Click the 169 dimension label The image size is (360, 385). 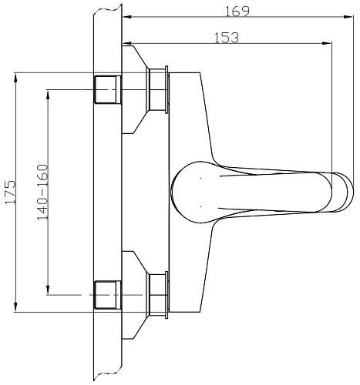pyautogui.click(x=237, y=12)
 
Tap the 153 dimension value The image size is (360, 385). pyautogui.click(x=227, y=38)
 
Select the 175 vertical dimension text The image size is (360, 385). pyautogui.click(x=10, y=192)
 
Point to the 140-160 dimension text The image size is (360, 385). pyautogui.click(x=42, y=192)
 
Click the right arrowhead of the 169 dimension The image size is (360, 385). pyautogui.click(x=349, y=17)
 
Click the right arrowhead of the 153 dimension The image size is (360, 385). pyautogui.click(x=327, y=43)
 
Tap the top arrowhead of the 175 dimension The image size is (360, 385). pyautogui.click(x=16, y=78)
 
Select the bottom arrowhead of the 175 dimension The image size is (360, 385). pyautogui.click(x=16, y=307)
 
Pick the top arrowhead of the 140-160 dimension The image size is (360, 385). pyautogui.click(x=48, y=95)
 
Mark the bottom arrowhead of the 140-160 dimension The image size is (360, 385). pyautogui.click(x=48, y=290)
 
